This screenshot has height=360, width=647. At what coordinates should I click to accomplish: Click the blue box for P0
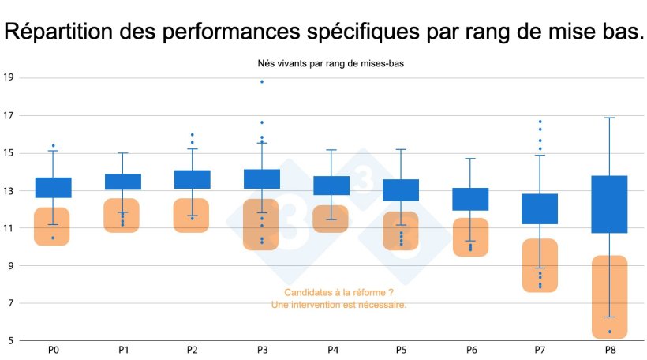(54, 188)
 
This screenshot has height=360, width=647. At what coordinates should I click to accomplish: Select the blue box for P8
(609, 204)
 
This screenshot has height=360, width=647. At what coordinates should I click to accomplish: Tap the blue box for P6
(470, 199)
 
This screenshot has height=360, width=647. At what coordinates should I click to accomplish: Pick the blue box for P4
(331, 186)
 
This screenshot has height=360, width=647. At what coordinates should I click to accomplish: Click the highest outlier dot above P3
(262, 82)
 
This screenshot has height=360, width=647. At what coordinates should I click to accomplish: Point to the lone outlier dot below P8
(610, 332)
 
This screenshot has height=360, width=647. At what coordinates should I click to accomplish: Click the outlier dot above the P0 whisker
(54, 146)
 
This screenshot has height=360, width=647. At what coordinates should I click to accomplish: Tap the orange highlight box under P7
(540, 265)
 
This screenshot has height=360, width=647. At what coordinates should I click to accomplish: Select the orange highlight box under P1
(122, 216)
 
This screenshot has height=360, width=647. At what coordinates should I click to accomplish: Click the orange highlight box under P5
(401, 231)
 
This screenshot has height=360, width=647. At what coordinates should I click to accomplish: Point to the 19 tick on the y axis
(9, 78)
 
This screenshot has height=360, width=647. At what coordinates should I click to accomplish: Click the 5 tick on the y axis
(10, 341)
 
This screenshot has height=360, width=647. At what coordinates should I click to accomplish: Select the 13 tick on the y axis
(9, 190)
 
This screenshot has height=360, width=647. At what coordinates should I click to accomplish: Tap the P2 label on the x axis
(193, 349)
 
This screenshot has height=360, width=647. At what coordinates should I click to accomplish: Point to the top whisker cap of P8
(609, 118)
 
